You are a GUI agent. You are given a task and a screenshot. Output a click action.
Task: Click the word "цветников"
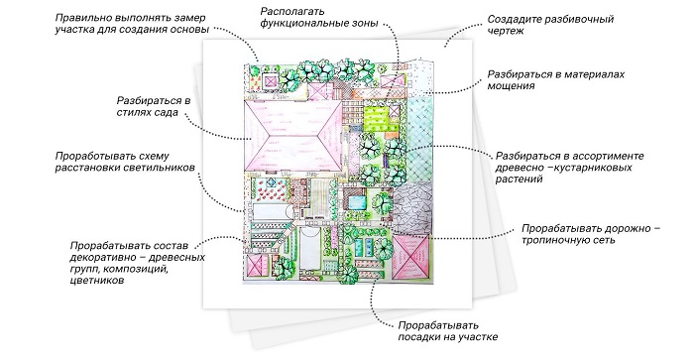(x=97, y=281)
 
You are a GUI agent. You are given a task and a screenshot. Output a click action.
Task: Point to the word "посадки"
(x=418, y=337)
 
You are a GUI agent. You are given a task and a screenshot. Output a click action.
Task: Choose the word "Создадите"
(x=514, y=20)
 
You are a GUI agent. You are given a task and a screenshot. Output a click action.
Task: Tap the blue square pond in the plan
(x=355, y=202)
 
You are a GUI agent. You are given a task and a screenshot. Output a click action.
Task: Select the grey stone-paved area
(x=413, y=207)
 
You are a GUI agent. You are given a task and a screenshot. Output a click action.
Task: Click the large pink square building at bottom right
(x=411, y=257)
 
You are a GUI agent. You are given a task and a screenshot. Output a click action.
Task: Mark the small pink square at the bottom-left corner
(x=255, y=267)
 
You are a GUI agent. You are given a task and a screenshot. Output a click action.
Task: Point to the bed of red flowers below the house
(x=271, y=192)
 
